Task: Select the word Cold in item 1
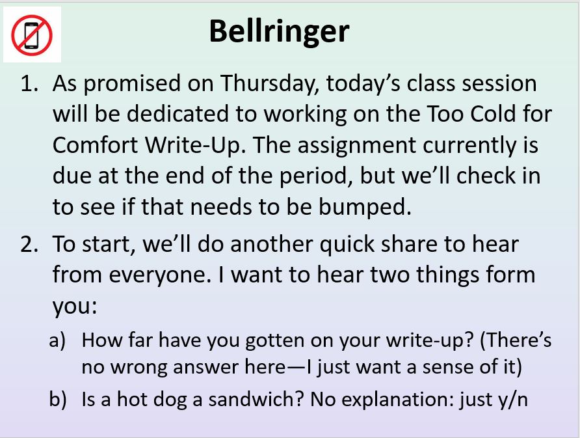click(493, 113)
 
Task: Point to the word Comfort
click(96, 144)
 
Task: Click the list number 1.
click(29, 83)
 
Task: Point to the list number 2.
click(29, 244)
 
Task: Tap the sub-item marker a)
click(57, 340)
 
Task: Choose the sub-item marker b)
click(58, 399)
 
